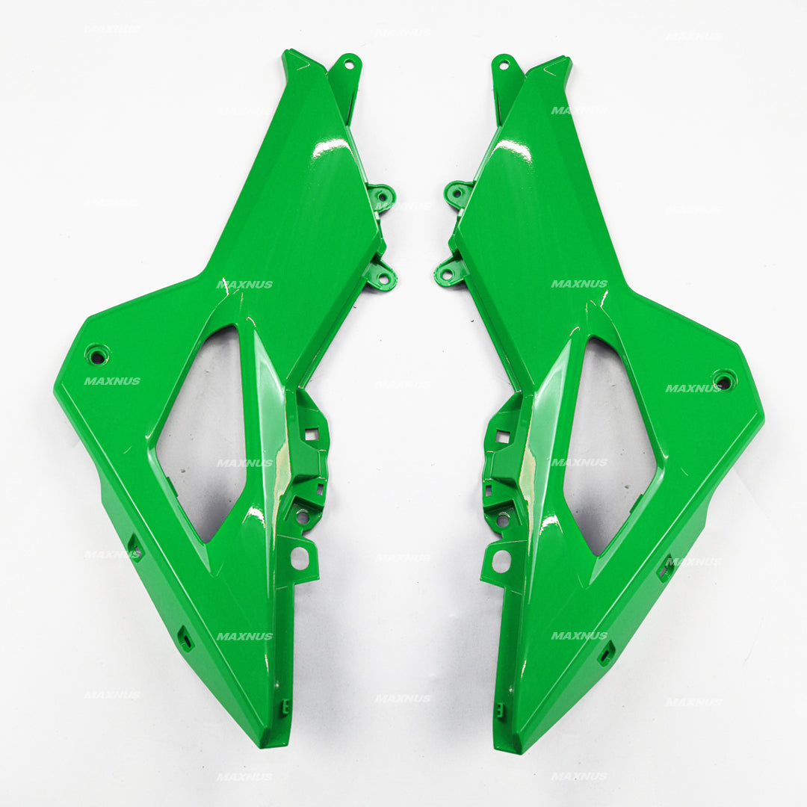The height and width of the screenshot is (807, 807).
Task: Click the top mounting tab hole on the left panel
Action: pos(347,64)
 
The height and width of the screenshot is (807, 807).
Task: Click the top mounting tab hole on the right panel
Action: pos(504,65)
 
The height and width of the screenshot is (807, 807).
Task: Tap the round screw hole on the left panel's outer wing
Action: pos(96,355)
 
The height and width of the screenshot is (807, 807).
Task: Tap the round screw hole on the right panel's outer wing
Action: pos(723,381)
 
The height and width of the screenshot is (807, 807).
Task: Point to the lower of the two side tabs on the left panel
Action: pos(383,279)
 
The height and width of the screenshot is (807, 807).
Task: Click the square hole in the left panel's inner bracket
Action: pos(312,434)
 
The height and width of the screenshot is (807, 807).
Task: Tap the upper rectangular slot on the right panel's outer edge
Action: pos(664,569)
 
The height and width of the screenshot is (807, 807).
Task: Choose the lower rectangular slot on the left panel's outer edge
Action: pos(185,638)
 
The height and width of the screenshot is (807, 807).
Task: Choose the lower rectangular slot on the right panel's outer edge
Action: pos(606,653)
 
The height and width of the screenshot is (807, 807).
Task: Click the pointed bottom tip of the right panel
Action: pos(516,747)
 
